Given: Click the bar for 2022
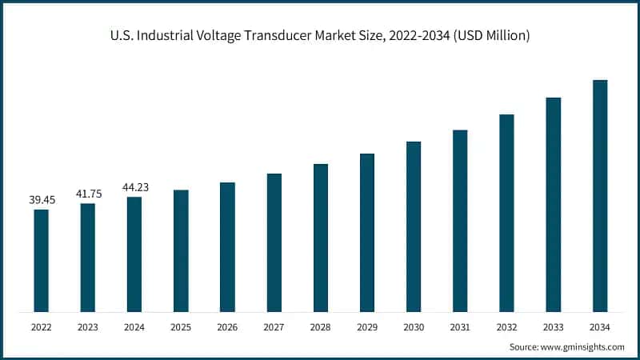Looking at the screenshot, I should [41, 260].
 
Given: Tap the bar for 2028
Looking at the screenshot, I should [321, 238].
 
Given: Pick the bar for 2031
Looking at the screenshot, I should [460, 220].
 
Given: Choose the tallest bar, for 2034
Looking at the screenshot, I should [600, 195].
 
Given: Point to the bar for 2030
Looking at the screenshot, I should [414, 226].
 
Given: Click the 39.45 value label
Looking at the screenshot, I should [42, 200].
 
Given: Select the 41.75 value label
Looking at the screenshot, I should [88, 194].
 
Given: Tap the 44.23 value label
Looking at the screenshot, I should [134, 187].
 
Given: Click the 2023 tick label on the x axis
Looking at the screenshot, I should [88, 326].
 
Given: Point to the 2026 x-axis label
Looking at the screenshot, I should [227, 326].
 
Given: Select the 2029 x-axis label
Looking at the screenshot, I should [367, 326].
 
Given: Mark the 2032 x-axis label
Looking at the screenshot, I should [506, 326].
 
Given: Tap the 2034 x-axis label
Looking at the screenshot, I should [600, 326].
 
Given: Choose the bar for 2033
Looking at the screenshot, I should [554, 204].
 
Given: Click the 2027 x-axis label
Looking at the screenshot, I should [274, 326].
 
